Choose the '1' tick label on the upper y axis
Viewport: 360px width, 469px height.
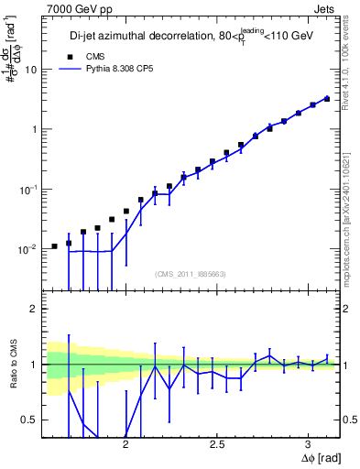pos(35,129)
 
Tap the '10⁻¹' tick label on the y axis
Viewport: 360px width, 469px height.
pos(30,189)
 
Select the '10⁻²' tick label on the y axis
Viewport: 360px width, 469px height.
pos(30,248)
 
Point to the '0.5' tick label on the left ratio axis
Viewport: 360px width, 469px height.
pos(31,420)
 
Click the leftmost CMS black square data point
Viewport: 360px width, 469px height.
pos(55,246)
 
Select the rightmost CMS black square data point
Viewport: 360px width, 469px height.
pos(327,98)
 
